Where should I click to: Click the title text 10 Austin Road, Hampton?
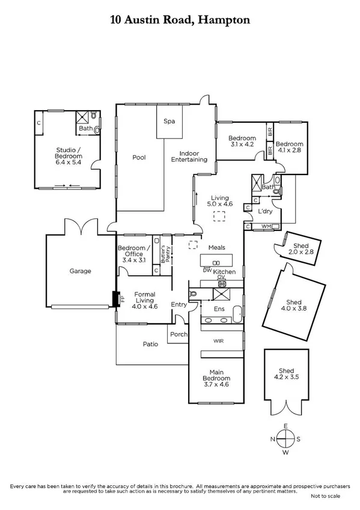[x=180, y=20]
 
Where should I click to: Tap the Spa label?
[x=169, y=121]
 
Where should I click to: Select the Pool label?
[x=139, y=158]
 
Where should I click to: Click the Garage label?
[x=80, y=271]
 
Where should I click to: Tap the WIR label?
[x=218, y=340]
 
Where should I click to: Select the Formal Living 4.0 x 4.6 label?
[x=144, y=300]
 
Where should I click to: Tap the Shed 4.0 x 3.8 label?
[x=293, y=306]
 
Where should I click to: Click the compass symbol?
[x=286, y=438]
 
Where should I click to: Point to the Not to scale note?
[x=325, y=496]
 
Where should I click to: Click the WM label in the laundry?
[x=266, y=227]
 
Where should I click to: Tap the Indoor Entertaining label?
[x=189, y=156]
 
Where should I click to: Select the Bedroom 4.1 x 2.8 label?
[x=290, y=147]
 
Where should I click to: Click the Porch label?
[x=178, y=334]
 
